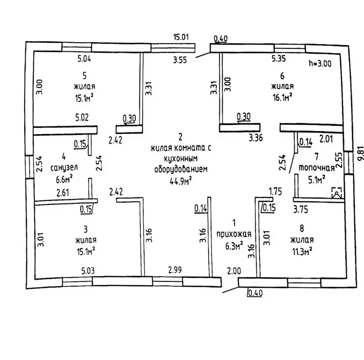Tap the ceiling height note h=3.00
click(x=320, y=64)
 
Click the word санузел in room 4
click(x=64, y=167)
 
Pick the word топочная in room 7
click(x=317, y=168)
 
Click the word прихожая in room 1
click(x=234, y=234)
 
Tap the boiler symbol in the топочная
click(x=335, y=193)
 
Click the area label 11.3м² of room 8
click(x=301, y=251)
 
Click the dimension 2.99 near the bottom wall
click(x=175, y=270)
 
